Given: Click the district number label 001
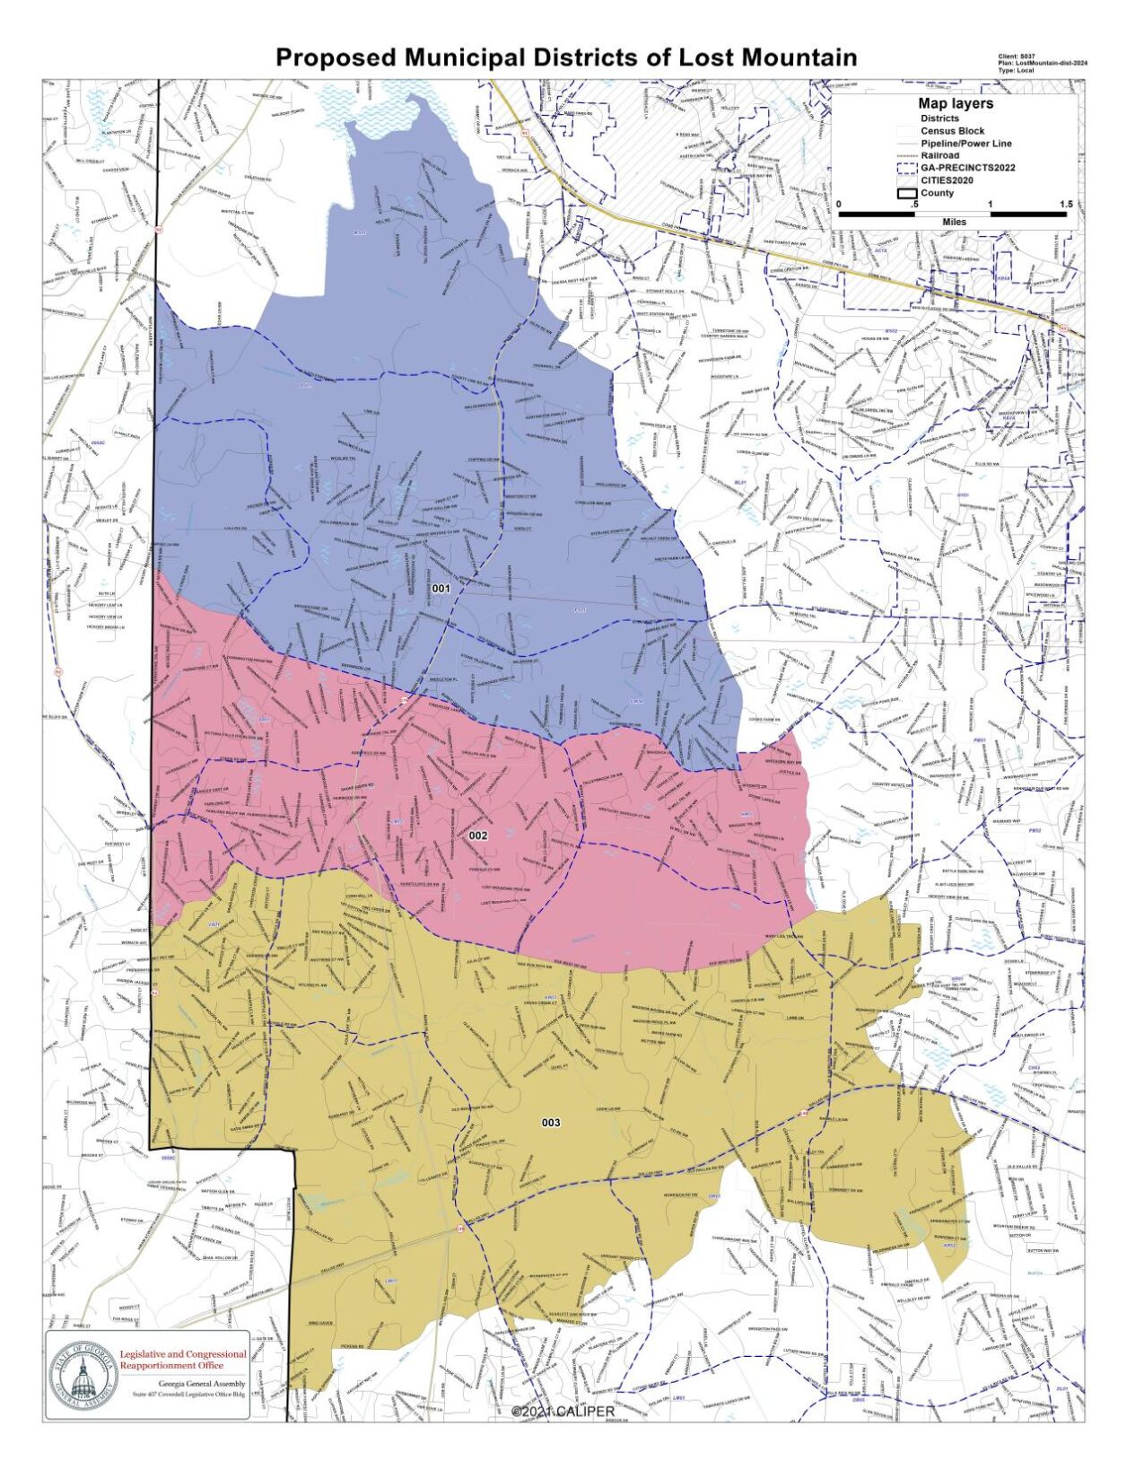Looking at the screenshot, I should (441, 589).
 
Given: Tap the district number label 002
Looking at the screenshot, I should (478, 835).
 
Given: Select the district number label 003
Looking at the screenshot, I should (551, 1123).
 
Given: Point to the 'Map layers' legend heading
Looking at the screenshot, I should (955, 103).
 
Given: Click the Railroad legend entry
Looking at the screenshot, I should (939, 155).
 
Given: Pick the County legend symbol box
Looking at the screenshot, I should (906, 193).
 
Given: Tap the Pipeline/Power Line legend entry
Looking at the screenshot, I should (965, 143).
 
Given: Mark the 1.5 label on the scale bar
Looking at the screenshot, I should (1065, 205).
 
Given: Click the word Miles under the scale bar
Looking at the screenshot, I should (955, 221).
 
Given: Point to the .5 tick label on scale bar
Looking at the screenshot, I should (913, 205).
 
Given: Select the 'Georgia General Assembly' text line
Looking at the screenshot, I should (201, 1383).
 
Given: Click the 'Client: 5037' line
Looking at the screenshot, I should (1016, 57).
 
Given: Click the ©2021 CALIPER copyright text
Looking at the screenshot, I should (563, 1412).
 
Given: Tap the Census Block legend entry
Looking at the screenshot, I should (952, 130).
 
